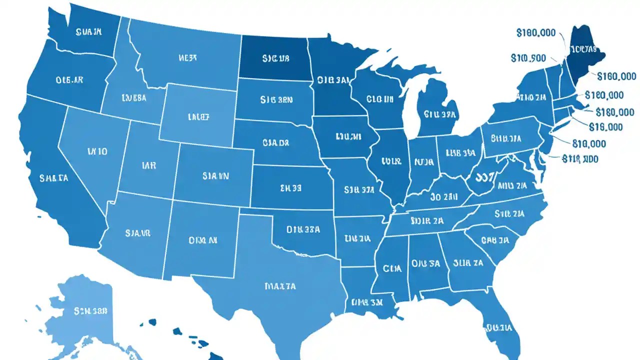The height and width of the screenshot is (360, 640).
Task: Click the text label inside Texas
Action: click(x=279, y=286)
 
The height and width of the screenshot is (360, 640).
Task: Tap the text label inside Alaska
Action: click(x=90, y=310)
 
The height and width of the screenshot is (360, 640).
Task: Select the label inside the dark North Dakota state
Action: click(x=275, y=58)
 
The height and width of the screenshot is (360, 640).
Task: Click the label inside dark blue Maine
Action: click(x=582, y=49)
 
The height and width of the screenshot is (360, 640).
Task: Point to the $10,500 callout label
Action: click(x=528, y=58)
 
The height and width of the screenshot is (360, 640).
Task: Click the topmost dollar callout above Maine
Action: click(x=535, y=33)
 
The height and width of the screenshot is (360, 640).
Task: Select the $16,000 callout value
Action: click(x=605, y=127)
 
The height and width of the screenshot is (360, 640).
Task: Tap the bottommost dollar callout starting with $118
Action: click(x=580, y=159)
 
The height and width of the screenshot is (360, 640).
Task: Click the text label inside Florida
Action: click(x=498, y=328)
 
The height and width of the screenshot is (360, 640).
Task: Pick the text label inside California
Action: click(x=53, y=177)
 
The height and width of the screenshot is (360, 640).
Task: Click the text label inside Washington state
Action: click(x=89, y=32)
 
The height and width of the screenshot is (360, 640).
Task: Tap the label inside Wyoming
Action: click(x=198, y=117)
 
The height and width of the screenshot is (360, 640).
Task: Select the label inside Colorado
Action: click(x=215, y=176)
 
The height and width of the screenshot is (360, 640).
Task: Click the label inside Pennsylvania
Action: click(x=506, y=138)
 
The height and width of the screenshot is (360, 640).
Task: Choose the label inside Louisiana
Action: click(x=367, y=302)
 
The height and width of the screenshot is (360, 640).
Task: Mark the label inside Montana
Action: click(x=187, y=58)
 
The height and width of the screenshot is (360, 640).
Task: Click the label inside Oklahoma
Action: click(x=303, y=229)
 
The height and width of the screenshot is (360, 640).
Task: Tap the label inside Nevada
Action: click(x=97, y=150)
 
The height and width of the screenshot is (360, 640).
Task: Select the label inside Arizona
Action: click(x=137, y=232)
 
